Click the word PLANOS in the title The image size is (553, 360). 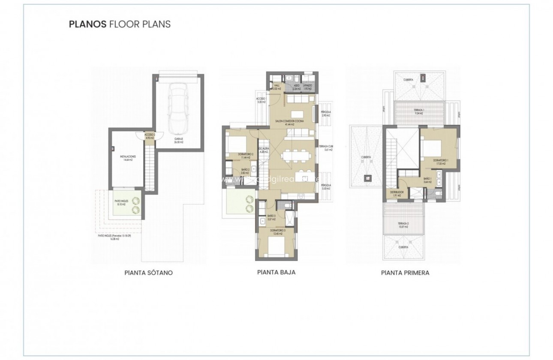[x=87, y=24]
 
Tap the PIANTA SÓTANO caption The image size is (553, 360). [x=148, y=273]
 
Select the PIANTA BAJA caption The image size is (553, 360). [x=276, y=272]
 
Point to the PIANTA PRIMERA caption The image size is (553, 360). [x=405, y=273]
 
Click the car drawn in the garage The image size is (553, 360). [x=178, y=107]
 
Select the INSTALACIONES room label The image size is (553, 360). [x=128, y=157]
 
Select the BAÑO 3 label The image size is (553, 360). [x=271, y=216]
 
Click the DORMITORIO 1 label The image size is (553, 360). [x=441, y=161]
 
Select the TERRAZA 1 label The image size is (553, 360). [x=419, y=110]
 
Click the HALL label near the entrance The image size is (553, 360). [x=276, y=86]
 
